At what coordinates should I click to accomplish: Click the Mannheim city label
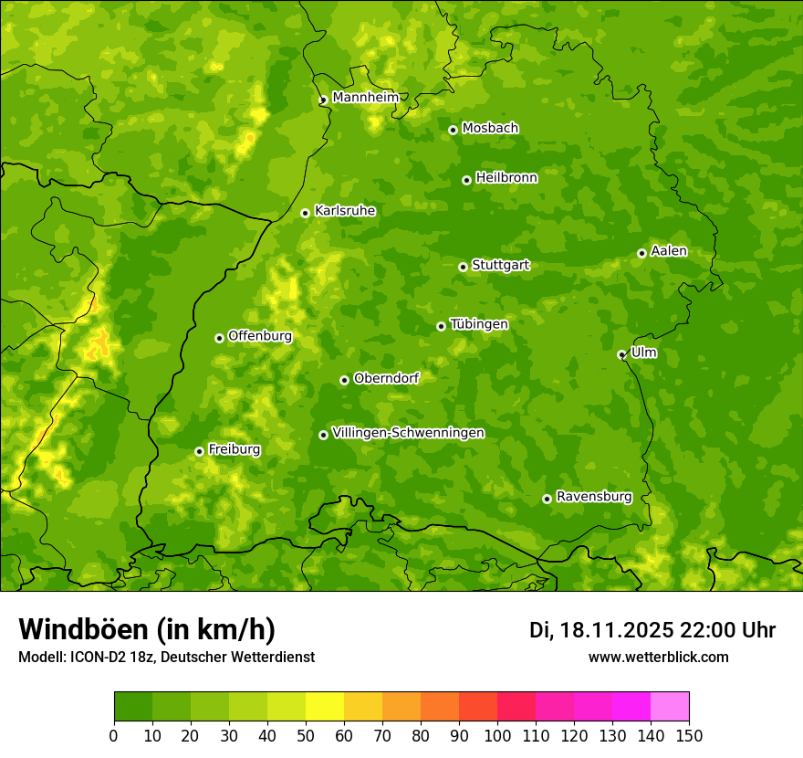[365, 98]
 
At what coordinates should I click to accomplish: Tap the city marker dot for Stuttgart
[463, 267]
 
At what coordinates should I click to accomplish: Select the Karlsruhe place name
[345, 211]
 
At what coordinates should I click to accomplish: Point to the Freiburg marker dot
[199, 451]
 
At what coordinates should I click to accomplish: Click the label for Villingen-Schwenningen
[408, 433]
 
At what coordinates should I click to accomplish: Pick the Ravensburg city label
[593, 497]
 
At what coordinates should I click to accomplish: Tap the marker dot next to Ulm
[621, 354]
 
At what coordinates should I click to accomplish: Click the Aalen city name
[668, 251]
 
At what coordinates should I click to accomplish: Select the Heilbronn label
[506, 178]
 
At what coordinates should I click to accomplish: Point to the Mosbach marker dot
[453, 130]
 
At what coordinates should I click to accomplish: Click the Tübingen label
[478, 324]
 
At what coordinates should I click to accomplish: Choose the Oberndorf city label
[386, 378]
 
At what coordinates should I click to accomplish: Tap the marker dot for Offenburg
[219, 338]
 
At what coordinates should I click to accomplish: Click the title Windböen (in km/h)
[146, 629]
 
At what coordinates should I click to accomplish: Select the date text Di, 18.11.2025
[600, 630]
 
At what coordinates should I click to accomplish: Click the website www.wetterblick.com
[658, 657]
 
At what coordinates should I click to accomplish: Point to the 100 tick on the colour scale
[497, 735]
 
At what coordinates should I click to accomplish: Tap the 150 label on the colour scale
[689, 735]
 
